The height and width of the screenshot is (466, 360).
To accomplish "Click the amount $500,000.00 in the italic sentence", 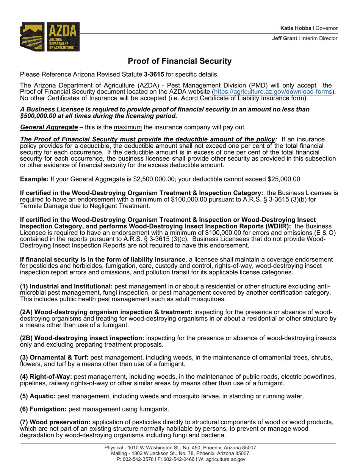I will click(36, 116).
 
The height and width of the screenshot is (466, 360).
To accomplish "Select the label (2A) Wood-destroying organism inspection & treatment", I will click(106, 312).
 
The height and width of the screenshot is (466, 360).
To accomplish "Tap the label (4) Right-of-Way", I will click(46, 377).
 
